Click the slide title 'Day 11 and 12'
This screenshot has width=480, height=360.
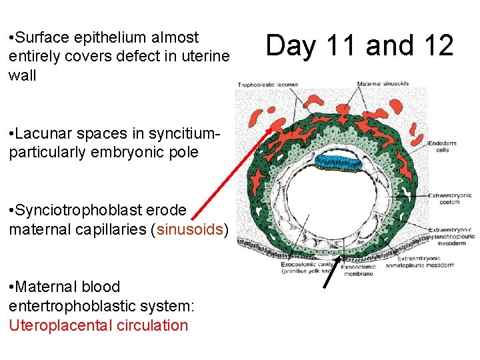click(359, 45)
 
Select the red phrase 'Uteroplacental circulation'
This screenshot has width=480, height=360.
click(99, 325)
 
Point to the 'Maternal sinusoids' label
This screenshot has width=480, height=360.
click(383, 84)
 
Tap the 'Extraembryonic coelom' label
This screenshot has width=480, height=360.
click(450, 199)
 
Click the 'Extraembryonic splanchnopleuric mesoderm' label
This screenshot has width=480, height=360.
click(451, 236)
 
